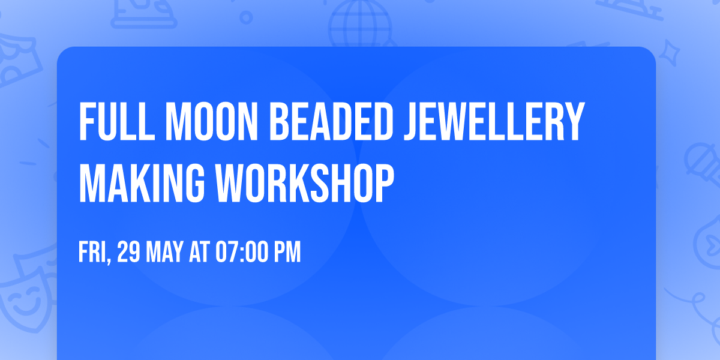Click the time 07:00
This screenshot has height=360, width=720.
pos(241,253)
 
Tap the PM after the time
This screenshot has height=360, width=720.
pos(286,253)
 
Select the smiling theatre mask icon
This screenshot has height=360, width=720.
pos(24,300)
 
